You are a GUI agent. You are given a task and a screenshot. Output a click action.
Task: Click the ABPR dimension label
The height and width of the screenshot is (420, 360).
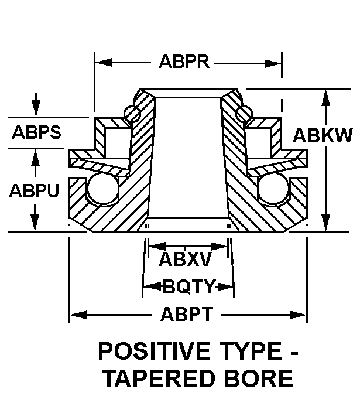pos(184,62)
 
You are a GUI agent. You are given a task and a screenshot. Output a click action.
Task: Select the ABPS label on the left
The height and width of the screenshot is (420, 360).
pos(37,132)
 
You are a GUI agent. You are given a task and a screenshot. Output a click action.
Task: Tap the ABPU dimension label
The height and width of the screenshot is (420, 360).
pos(35,191)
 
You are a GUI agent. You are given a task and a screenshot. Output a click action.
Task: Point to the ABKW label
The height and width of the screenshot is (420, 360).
pos(323,135)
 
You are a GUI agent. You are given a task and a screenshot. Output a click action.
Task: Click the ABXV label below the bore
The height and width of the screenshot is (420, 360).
pos(185,259)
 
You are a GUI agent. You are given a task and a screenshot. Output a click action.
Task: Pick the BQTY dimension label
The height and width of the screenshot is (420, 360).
pos(189,286)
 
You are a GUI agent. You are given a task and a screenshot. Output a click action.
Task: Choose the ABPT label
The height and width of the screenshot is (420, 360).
pos(187,314)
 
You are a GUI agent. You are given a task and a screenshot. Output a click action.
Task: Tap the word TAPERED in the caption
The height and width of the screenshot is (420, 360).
pos(160,378)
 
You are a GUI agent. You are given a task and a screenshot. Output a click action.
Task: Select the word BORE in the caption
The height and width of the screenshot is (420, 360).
pos(259,378)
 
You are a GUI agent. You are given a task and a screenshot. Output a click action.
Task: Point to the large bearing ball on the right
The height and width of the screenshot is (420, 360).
pos(273,189)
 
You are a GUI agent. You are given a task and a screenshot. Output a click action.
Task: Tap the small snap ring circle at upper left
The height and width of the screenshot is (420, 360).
pos(132,114)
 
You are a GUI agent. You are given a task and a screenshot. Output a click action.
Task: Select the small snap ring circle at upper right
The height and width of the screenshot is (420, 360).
pos(244,114)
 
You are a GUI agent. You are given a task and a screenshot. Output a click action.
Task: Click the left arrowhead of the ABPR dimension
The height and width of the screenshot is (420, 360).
pos(104,63)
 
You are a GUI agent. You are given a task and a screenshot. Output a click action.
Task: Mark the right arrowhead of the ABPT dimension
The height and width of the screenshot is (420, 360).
pos(298,315)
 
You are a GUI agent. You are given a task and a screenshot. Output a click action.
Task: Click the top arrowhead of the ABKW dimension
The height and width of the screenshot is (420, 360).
pos(325,98)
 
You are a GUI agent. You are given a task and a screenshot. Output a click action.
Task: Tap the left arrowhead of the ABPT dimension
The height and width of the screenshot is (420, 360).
pos(78,315)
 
